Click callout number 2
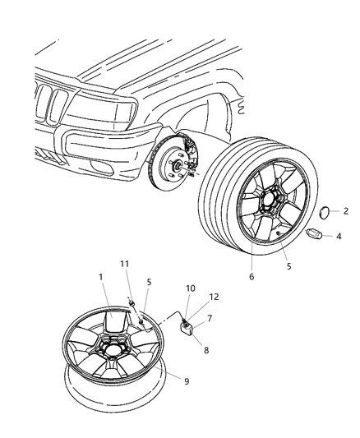pyautogui.click(x=346, y=211)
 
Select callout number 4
pyautogui.click(x=339, y=237)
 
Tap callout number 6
pyautogui.click(x=252, y=277)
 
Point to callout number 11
pyautogui.click(x=125, y=264)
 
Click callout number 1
pyautogui.click(x=101, y=277)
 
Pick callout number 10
pyautogui.click(x=191, y=288)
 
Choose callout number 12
pyautogui.click(x=214, y=297)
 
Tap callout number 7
pyautogui.click(x=210, y=318)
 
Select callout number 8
pyautogui.click(x=206, y=350)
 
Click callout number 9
pyautogui.click(x=187, y=381)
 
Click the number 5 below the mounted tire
pyautogui.click(x=288, y=266)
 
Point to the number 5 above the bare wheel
pyautogui.click(x=149, y=282)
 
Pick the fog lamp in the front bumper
pyautogui.click(x=99, y=167)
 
